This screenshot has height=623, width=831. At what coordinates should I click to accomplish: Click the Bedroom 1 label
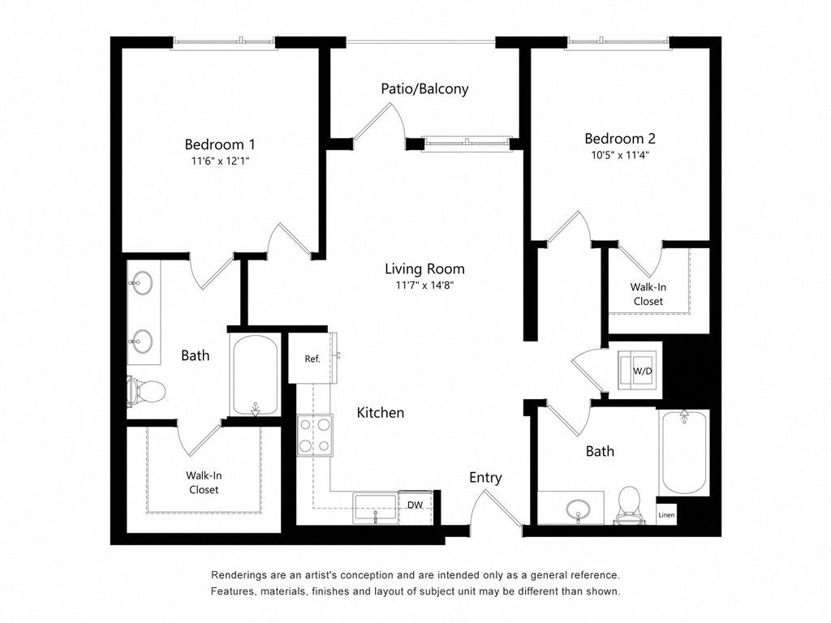click(220, 144)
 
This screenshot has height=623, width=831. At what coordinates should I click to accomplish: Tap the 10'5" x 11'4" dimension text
click(620, 154)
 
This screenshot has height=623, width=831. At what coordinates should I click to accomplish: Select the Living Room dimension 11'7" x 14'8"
click(424, 286)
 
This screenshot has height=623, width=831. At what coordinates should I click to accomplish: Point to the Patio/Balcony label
click(424, 88)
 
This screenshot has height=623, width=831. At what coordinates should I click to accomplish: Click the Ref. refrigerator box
click(312, 359)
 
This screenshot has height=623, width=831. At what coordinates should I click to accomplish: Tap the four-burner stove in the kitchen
click(314, 434)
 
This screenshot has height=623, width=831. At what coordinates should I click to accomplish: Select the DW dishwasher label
click(415, 505)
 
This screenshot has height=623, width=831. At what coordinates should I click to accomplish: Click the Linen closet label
click(666, 514)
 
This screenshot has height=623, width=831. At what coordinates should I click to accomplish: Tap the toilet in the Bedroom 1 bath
click(146, 392)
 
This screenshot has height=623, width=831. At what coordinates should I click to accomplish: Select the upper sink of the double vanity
click(141, 285)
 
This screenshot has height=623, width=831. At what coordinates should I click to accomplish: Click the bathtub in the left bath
click(254, 376)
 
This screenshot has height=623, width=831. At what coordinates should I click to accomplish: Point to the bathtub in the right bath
click(684, 452)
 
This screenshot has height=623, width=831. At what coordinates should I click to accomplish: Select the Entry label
click(485, 478)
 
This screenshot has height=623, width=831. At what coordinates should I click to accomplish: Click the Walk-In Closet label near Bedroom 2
click(647, 294)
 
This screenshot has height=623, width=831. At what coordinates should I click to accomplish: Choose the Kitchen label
click(380, 413)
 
